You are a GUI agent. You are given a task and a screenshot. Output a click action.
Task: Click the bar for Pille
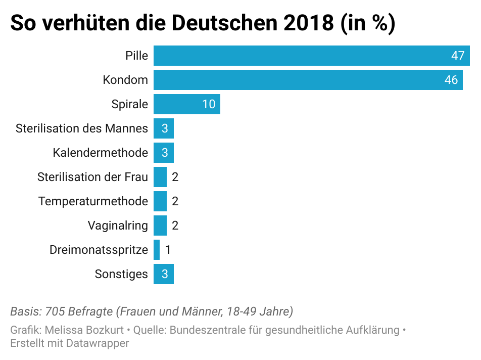pos(303,56)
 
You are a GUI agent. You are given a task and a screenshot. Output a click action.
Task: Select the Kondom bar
pos(303,80)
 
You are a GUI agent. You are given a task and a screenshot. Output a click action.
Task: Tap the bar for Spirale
pos(182,104)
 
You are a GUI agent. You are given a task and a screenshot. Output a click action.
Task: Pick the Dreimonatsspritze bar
pos(157,250)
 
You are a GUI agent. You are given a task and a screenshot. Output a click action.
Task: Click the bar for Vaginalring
pos(160,226)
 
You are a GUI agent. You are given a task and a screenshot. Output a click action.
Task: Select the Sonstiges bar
pos(164,274)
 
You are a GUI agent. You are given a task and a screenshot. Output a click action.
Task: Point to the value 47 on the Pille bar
pos(458,56)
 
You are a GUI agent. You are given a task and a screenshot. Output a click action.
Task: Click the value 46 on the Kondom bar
pos(451,80)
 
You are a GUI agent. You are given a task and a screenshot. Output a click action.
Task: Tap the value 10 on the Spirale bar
pos(209,104)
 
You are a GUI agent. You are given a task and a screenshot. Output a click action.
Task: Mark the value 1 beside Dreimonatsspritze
pos(168,250)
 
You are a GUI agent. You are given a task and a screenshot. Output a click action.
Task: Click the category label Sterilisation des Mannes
pos(82,128)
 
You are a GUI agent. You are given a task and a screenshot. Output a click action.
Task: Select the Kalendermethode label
pos(100,153)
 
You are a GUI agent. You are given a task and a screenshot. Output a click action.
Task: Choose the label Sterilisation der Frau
pos(92,177)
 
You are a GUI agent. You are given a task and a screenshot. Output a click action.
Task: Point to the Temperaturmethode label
pos(93,201)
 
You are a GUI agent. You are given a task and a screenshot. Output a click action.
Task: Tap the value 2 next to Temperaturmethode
pos(175,201)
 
